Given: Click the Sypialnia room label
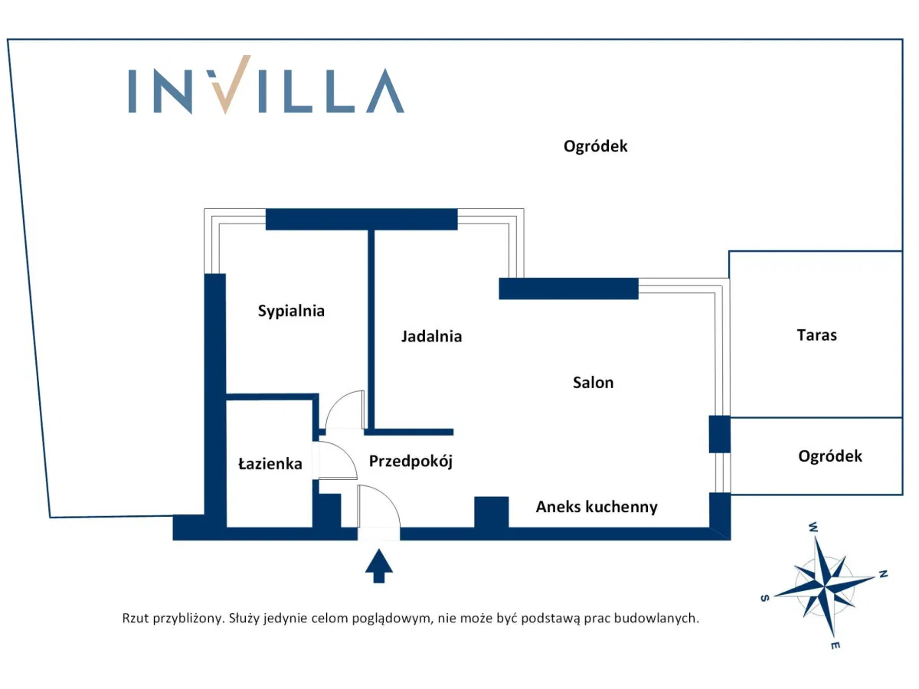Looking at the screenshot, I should pos(291,311).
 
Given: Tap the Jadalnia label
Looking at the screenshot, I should pos(431,336).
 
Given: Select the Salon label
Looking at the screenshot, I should pos(593,382).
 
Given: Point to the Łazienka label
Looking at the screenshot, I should pos(270,464).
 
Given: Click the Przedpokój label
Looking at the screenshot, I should pos(410,462).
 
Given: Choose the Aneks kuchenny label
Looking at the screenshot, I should pos(596,507).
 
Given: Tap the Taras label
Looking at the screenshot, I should pos(816,335).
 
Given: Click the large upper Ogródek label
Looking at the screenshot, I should pos(595,146).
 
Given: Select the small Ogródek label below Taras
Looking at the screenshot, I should pos(829,456).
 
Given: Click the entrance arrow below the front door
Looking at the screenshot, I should pos(378,567).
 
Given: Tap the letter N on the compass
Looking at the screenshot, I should pos(882,573).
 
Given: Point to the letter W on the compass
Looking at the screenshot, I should pos(813,527).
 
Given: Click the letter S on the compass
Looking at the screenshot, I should pos(764,599).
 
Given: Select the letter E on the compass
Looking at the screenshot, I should pos(835,646).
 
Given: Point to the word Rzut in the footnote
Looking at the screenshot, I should pos(135,618).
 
